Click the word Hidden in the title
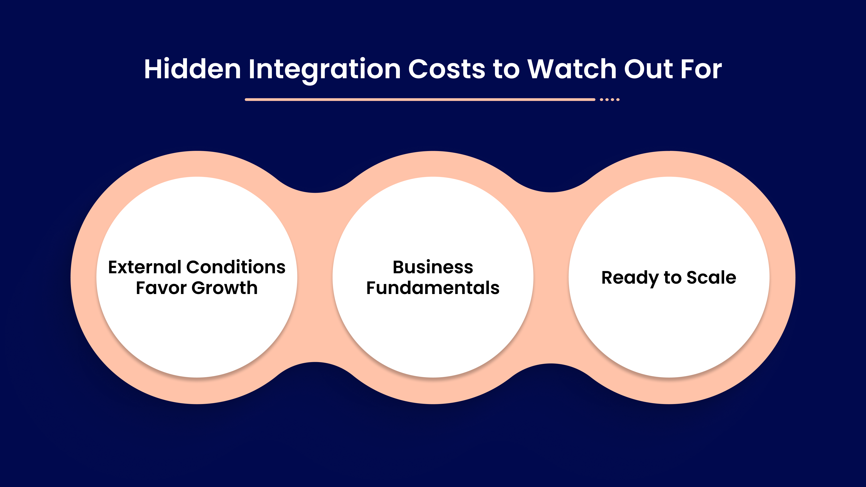tap(192, 69)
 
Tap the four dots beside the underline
tap(610, 99)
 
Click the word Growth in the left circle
tap(225, 288)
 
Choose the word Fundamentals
tap(433, 288)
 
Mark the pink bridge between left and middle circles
tap(315, 277)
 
